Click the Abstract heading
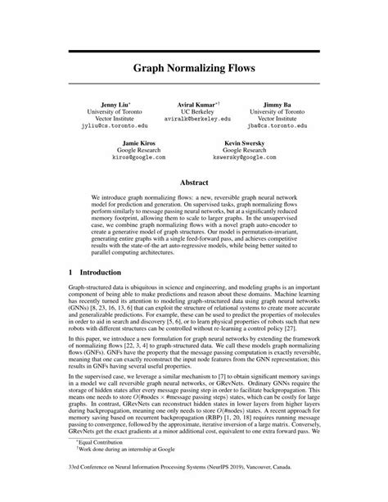(193, 184)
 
